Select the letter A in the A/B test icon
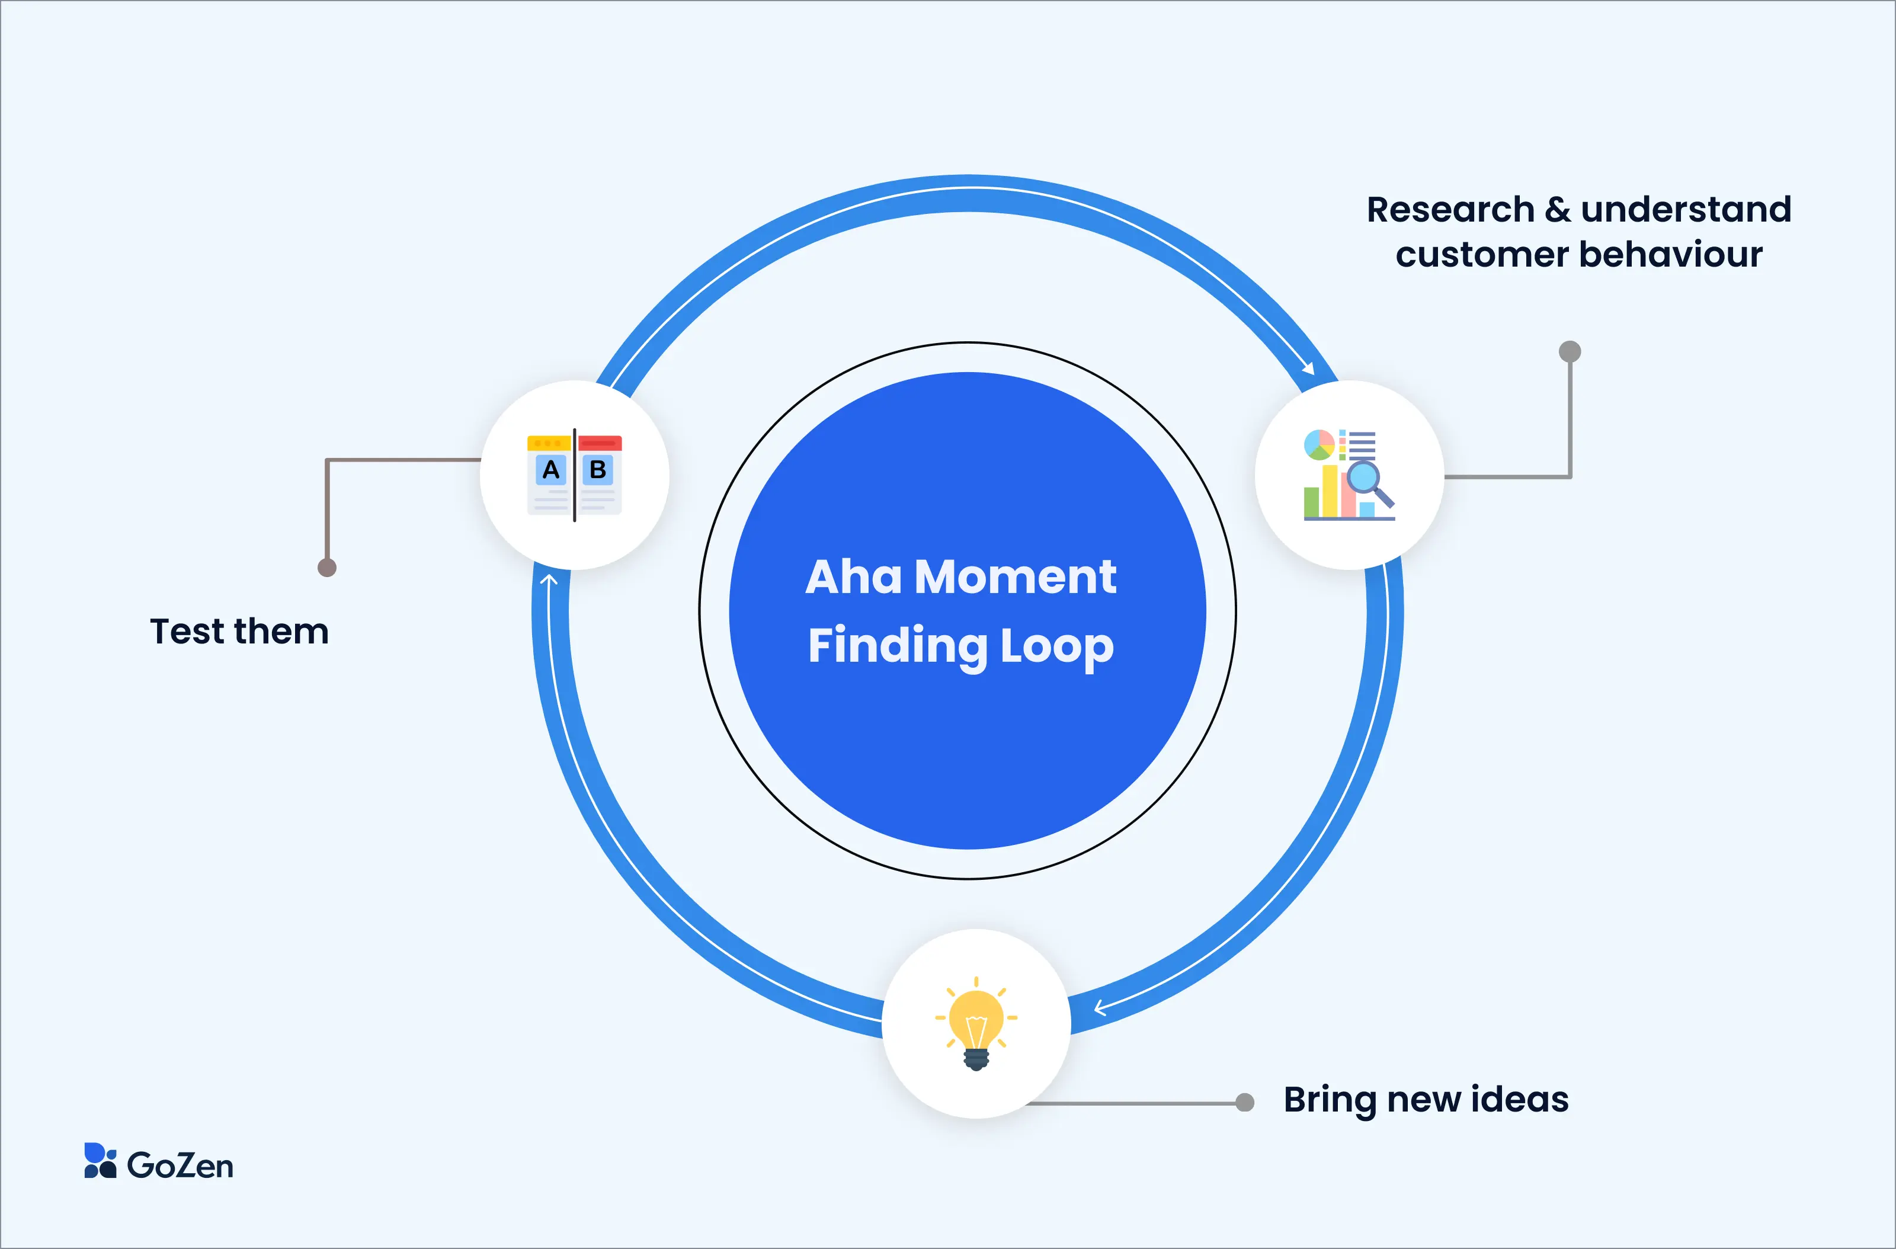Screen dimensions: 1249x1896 point(550,470)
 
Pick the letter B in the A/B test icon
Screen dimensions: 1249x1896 point(597,470)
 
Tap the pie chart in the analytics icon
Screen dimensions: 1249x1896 point(1318,444)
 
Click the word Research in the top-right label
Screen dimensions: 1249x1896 point(1450,210)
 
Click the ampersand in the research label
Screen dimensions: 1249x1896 point(1558,210)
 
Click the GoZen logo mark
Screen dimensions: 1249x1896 point(100,1161)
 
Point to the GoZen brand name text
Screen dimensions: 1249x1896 point(180,1165)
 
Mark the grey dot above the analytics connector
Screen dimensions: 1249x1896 point(1570,351)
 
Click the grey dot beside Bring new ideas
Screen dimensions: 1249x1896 point(1244,1103)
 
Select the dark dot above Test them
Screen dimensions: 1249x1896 point(326,567)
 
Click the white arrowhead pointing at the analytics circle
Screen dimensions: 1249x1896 point(1307,368)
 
